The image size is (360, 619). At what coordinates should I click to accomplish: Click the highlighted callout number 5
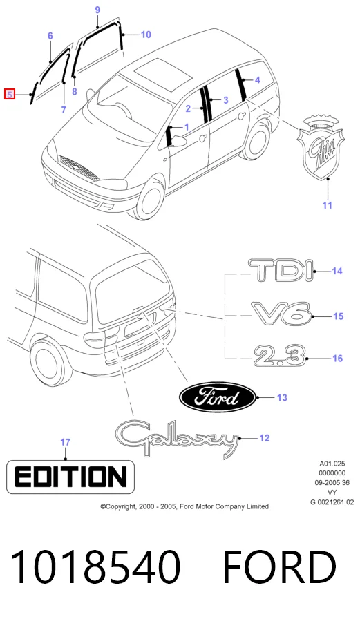[10, 95]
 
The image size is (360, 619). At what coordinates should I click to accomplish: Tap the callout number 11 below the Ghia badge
[328, 205]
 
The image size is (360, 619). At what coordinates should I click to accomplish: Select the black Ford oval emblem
[218, 397]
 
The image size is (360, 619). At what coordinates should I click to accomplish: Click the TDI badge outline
[281, 271]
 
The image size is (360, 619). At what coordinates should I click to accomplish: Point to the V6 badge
[282, 314]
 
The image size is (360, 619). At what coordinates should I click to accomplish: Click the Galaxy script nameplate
[178, 439]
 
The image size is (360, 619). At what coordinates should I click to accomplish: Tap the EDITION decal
[70, 477]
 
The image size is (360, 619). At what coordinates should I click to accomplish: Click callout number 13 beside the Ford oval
[282, 397]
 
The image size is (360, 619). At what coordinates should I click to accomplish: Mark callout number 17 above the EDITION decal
[66, 442]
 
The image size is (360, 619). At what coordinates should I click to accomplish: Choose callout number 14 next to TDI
[337, 271]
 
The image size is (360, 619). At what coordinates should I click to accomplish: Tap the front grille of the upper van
[79, 168]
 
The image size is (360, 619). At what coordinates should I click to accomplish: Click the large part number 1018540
[95, 567]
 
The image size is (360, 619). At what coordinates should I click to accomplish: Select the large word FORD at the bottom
[279, 567]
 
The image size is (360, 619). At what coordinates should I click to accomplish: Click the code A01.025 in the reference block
[332, 463]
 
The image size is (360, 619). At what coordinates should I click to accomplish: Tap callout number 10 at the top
[146, 35]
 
